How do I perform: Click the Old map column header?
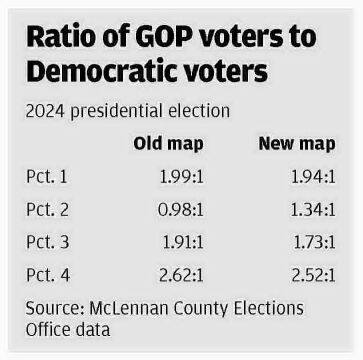click(x=168, y=143)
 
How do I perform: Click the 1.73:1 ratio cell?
click(x=308, y=240)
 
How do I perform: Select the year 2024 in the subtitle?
click(x=46, y=109)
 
